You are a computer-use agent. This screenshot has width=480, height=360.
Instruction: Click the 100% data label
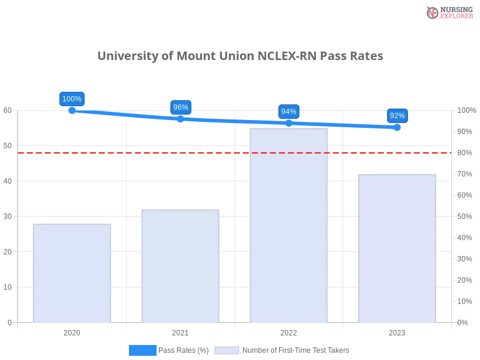click(72, 99)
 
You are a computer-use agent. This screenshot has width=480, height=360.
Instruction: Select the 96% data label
click(181, 107)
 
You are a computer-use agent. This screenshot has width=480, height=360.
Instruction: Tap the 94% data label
click(289, 112)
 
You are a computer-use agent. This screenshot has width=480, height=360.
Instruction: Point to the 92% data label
click(397, 116)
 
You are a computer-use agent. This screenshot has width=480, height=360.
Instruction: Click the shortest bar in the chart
click(72, 273)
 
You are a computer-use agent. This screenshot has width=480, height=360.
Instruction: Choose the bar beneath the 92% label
click(396, 248)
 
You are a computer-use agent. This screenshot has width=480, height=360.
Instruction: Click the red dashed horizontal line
click(234, 152)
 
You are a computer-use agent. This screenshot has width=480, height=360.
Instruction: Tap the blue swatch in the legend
click(143, 350)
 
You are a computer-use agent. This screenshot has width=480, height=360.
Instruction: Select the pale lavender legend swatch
click(227, 350)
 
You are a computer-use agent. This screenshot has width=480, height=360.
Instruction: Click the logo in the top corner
click(448, 12)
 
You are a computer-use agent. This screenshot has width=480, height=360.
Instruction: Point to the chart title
click(240, 56)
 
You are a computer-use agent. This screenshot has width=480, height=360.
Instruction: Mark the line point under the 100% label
click(72, 111)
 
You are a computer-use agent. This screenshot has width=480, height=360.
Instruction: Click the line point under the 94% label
click(289, 123)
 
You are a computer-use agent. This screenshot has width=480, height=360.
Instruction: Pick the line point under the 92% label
click(397, 127)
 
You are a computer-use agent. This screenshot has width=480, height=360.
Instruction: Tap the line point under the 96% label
click(181, 118)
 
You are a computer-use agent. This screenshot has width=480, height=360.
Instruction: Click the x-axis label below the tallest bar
click(289, 331)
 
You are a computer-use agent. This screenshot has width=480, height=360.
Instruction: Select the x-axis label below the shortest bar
click(72, 331)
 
